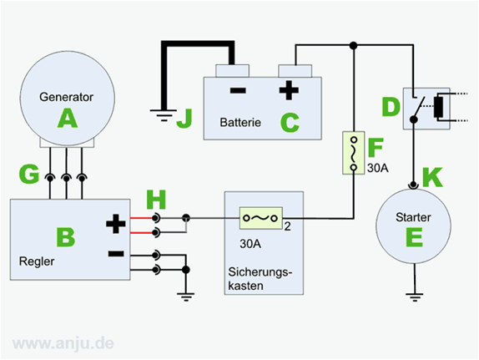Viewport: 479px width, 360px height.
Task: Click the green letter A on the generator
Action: (68, 119)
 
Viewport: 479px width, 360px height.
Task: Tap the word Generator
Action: (66, 97)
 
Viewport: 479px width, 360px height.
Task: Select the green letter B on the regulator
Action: (66, 237)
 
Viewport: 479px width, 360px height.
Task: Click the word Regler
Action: (37, 261)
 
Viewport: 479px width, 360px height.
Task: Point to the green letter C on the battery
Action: (290, 123)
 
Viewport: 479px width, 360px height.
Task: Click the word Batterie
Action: (240, 123)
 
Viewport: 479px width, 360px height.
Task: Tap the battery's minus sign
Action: (238, 90)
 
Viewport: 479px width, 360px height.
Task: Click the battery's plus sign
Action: (289, 90)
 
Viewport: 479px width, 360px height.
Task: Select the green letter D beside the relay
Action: (391, 107)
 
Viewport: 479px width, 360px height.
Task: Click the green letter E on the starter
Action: (414, 237)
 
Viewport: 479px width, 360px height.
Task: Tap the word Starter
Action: (413, 217)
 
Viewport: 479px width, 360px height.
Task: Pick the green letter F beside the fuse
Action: (376, 148)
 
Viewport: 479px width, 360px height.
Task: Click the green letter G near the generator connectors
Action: (29, 174)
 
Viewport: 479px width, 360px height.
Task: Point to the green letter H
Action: (156, 200)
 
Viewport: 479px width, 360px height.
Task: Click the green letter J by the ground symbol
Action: (184, 118)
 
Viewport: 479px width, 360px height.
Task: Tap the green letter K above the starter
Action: (432, 177)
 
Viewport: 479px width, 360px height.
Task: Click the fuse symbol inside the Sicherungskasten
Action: (260, 218)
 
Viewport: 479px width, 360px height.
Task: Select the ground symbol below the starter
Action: (415, 297)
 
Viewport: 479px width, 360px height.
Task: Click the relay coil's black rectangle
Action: (439, 107)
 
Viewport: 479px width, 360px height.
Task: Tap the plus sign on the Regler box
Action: (115, 224)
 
